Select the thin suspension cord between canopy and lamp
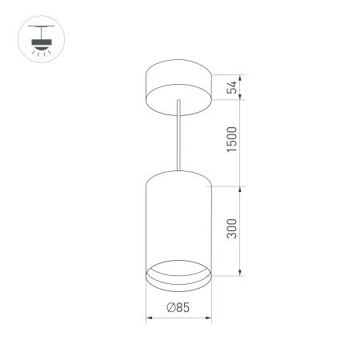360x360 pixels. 178,136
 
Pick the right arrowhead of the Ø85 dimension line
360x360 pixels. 210,318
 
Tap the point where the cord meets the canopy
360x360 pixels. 178,100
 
